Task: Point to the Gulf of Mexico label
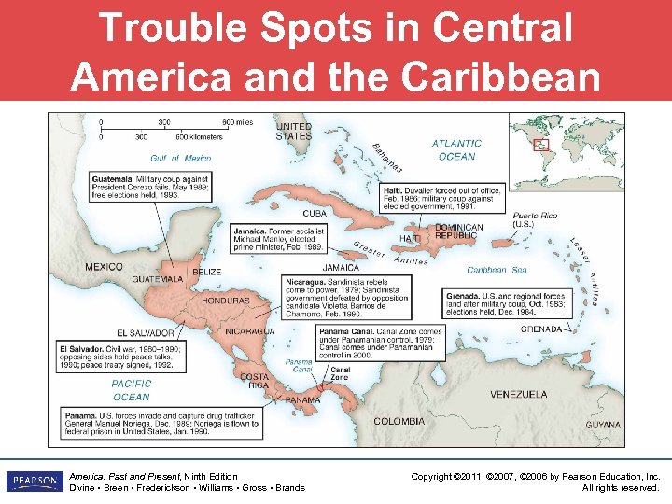(x=181, y=158)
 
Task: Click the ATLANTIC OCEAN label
(x=456, y=149)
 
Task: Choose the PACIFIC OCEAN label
(x=131, y=390)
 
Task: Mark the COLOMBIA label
(x=399, y=422)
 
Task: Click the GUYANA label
(x=603, y=425)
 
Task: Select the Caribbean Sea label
(x=497, y=270)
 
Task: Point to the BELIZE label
(x=206, y=272)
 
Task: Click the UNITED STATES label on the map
(x=293, y=131)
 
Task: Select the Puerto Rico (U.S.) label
(x=535, y=219)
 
